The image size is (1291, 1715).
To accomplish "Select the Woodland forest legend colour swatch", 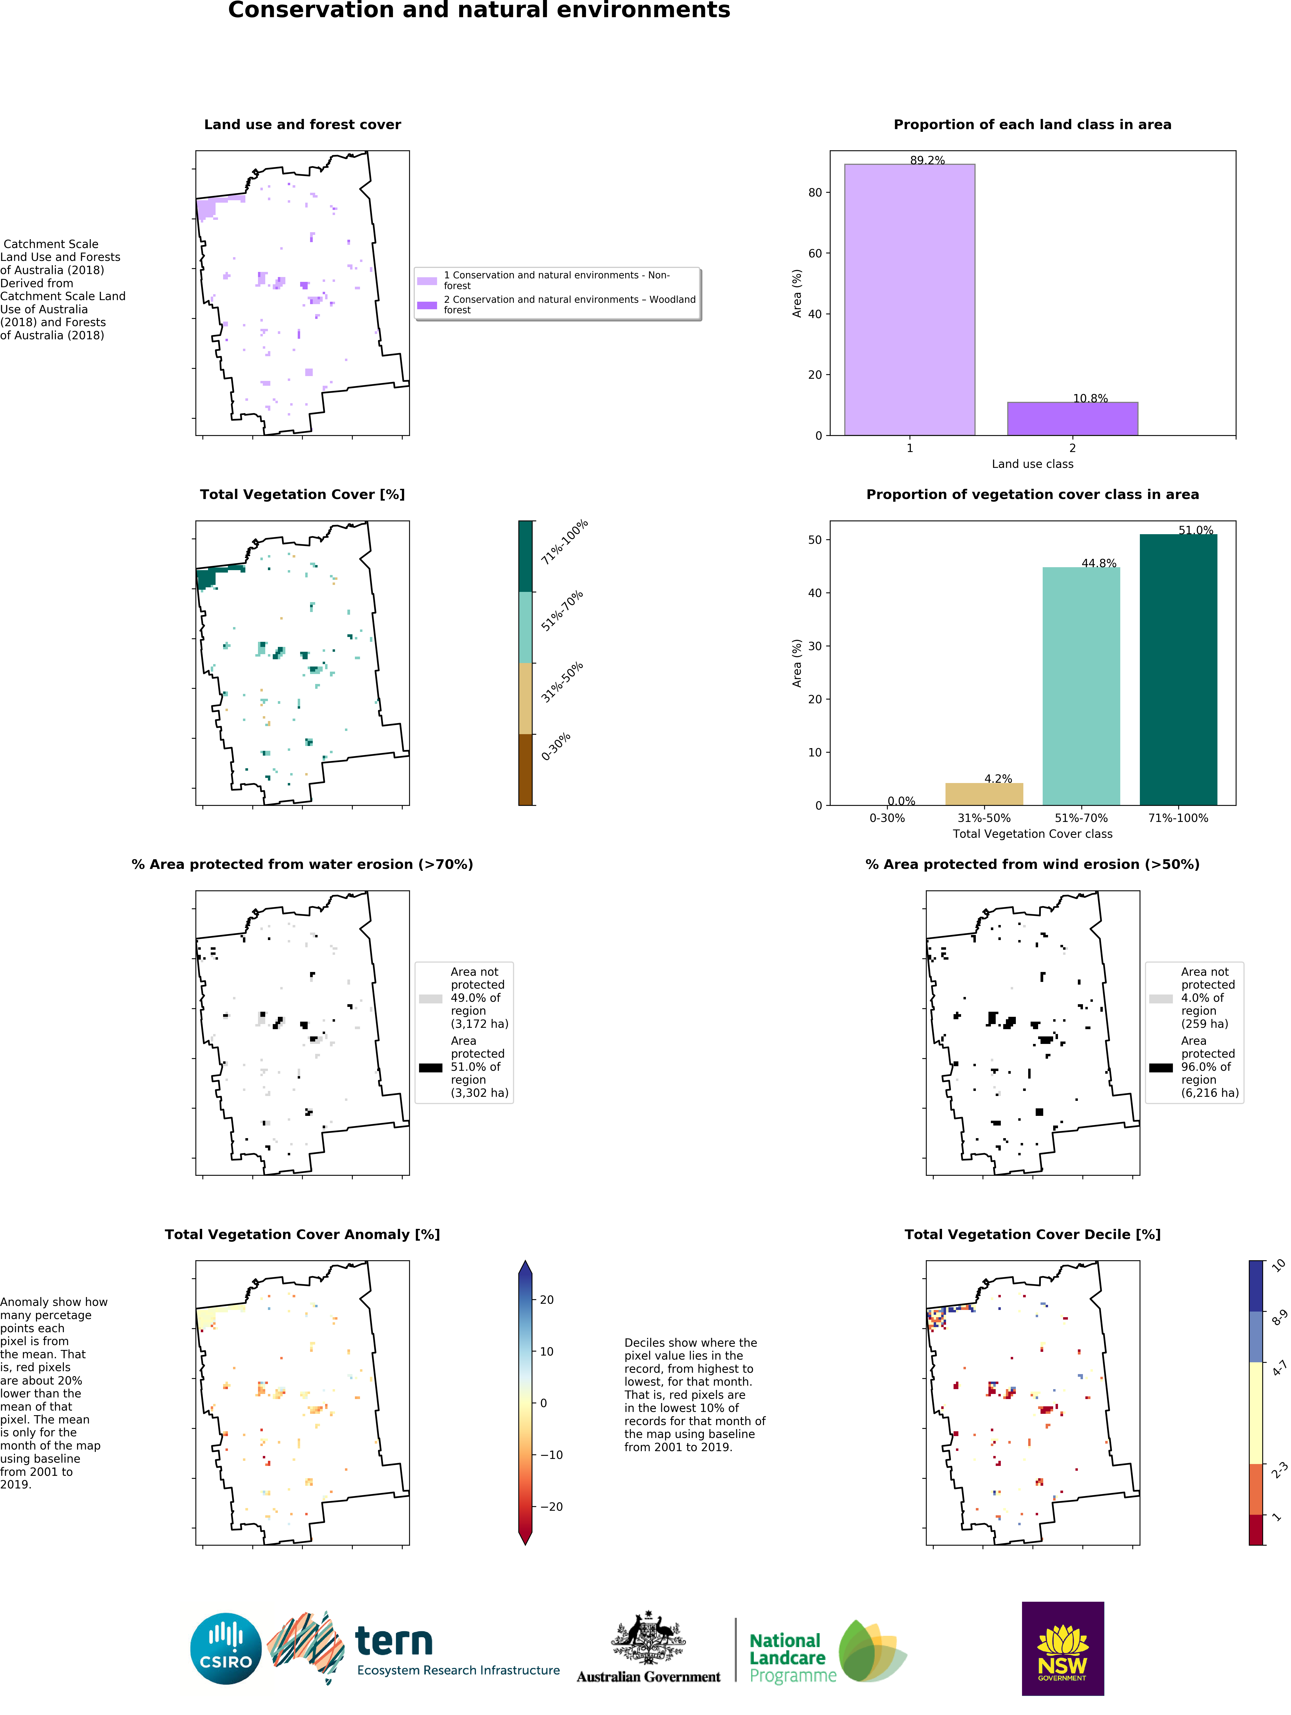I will point(427,305).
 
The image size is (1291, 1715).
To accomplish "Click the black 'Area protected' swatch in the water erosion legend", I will point(430,1068).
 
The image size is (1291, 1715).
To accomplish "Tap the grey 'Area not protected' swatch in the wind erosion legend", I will point(1161,999).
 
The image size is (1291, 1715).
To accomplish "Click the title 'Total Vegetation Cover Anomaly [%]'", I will point(302,1234).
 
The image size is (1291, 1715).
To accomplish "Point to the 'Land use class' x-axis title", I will point(1032,464).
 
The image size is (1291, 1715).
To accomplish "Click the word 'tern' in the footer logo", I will point(393,1641).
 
